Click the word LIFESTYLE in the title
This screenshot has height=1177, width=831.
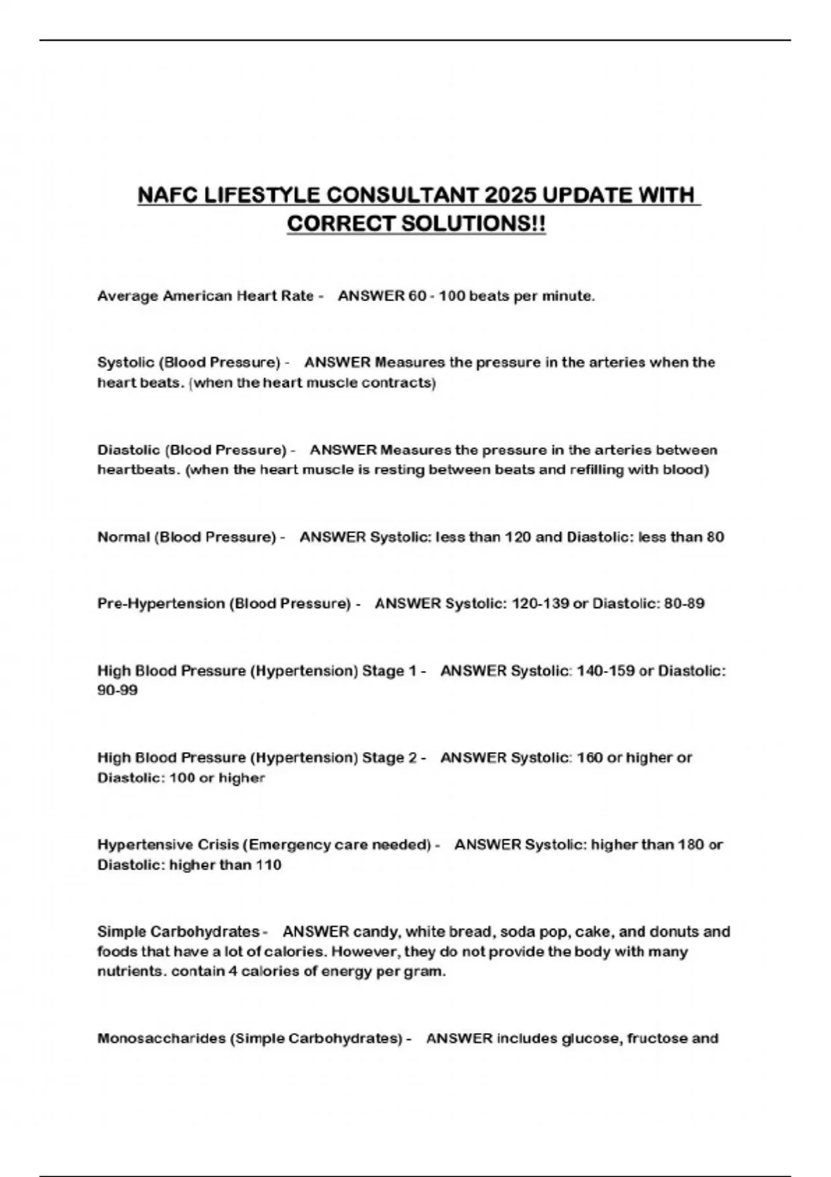[261, 196]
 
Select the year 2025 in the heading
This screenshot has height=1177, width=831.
[510, 196]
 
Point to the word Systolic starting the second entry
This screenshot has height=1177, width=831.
[125, 363]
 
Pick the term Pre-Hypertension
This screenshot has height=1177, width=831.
[161, 604]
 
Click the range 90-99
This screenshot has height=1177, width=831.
[118, 690]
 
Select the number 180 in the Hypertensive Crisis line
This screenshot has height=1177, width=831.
[690, 845]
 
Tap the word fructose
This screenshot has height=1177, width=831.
[656, 1039]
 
